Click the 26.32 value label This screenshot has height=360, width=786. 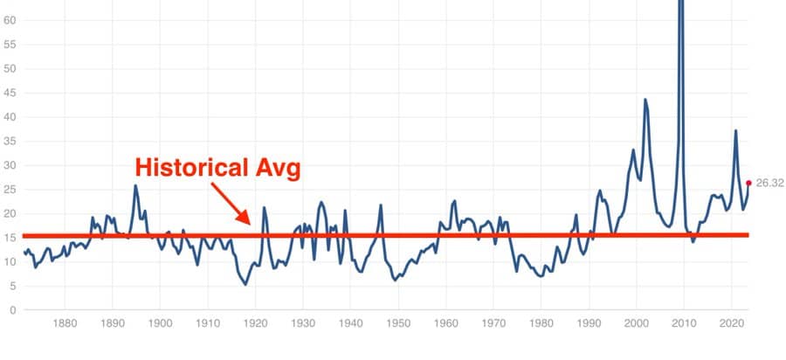pyautogui.click(x=769, y=183)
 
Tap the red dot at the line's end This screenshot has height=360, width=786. pyautogui.click(x=748, y=183)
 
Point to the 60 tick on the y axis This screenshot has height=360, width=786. pyautogui.click(x=10, y=21)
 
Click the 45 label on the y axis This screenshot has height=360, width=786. pyautogui.click(x=10, y=93)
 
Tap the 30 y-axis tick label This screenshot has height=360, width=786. pyautogui.click(x=10, y=166)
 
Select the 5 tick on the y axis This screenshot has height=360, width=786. pyautogui.click(x=12, y=287)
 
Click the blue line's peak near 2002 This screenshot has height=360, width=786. pyautogui.click(x=645, y=100)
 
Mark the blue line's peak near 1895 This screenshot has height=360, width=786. pyautogui.click(x=135, y=185)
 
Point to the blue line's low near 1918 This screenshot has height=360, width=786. pyautogui.click(x=245, y=284)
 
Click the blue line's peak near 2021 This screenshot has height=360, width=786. pyautogui.click(x=736, y=130)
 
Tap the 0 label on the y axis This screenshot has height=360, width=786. pyautogui.click(x=12, y=310)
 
